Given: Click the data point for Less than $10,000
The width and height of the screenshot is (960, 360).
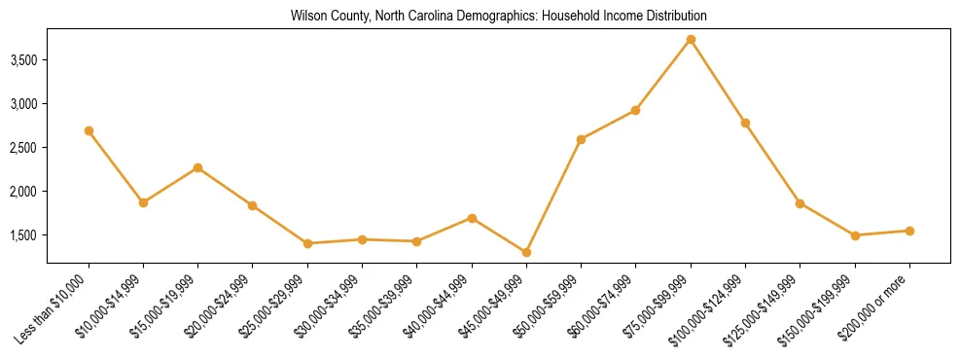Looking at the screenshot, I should (89, 130).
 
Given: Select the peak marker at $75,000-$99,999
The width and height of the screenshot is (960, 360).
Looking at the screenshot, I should (691, 40).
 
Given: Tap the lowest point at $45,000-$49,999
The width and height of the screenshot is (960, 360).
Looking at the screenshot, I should (526, 252).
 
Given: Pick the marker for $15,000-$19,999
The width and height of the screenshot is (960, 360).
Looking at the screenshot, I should (197, 167).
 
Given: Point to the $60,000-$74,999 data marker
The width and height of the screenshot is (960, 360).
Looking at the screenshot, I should (635, 110).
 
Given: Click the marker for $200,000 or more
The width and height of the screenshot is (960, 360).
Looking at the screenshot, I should (909, 231).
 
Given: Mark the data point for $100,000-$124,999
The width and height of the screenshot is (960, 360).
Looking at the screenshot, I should (745, 123).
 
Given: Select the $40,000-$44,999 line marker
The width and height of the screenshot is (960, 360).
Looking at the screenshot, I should (472, 218).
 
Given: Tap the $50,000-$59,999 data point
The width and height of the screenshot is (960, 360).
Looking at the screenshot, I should (581, 139).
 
